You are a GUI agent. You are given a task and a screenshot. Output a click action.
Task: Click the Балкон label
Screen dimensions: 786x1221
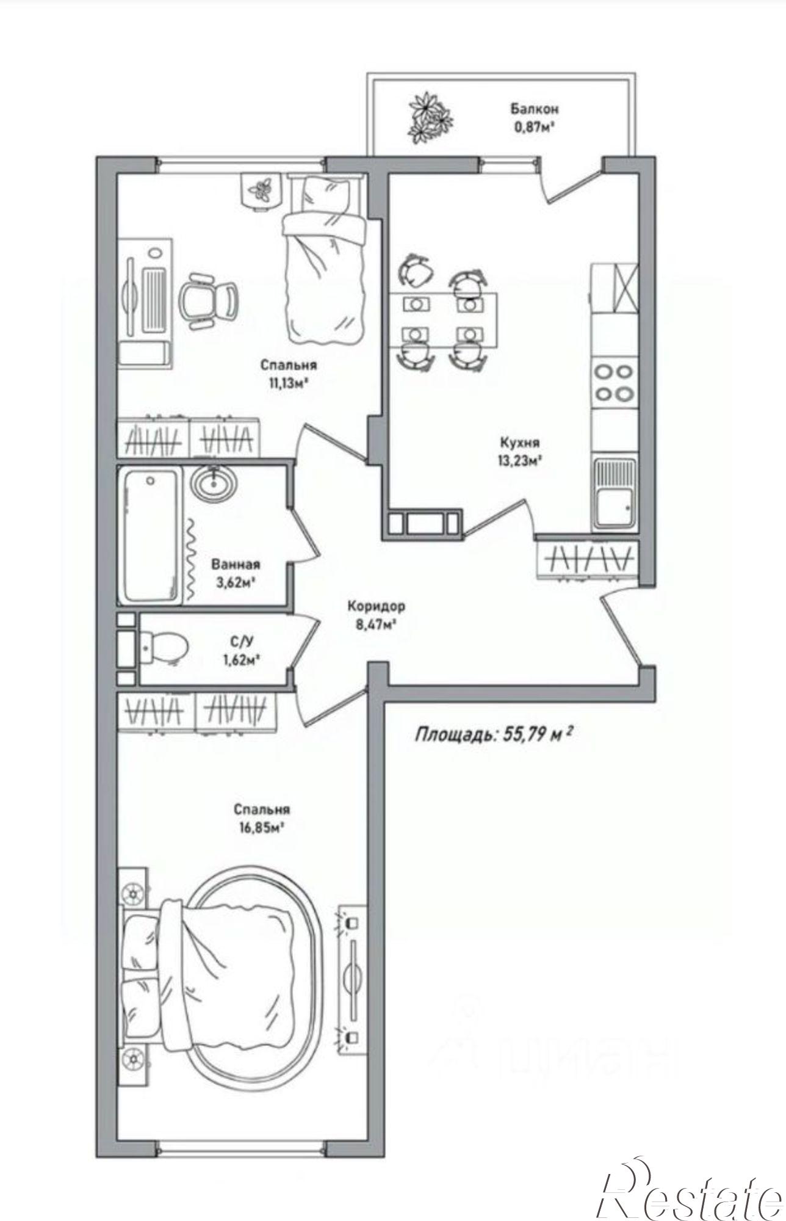[x=535, y=109]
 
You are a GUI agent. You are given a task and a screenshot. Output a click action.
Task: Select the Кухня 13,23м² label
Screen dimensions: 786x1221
[x=519, y=451]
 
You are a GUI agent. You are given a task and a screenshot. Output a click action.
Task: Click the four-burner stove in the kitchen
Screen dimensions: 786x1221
[x=614, y=382]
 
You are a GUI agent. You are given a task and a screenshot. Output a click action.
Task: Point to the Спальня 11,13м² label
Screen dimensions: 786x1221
[x=289, y=374]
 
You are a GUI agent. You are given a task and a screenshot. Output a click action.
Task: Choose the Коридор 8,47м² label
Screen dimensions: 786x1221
[x=376, y=615]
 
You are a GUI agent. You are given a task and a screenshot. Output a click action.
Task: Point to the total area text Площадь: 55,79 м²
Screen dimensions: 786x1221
[x=493, y=733]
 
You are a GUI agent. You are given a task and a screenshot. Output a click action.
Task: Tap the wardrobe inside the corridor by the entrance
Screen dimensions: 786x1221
[x=587, y=559]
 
